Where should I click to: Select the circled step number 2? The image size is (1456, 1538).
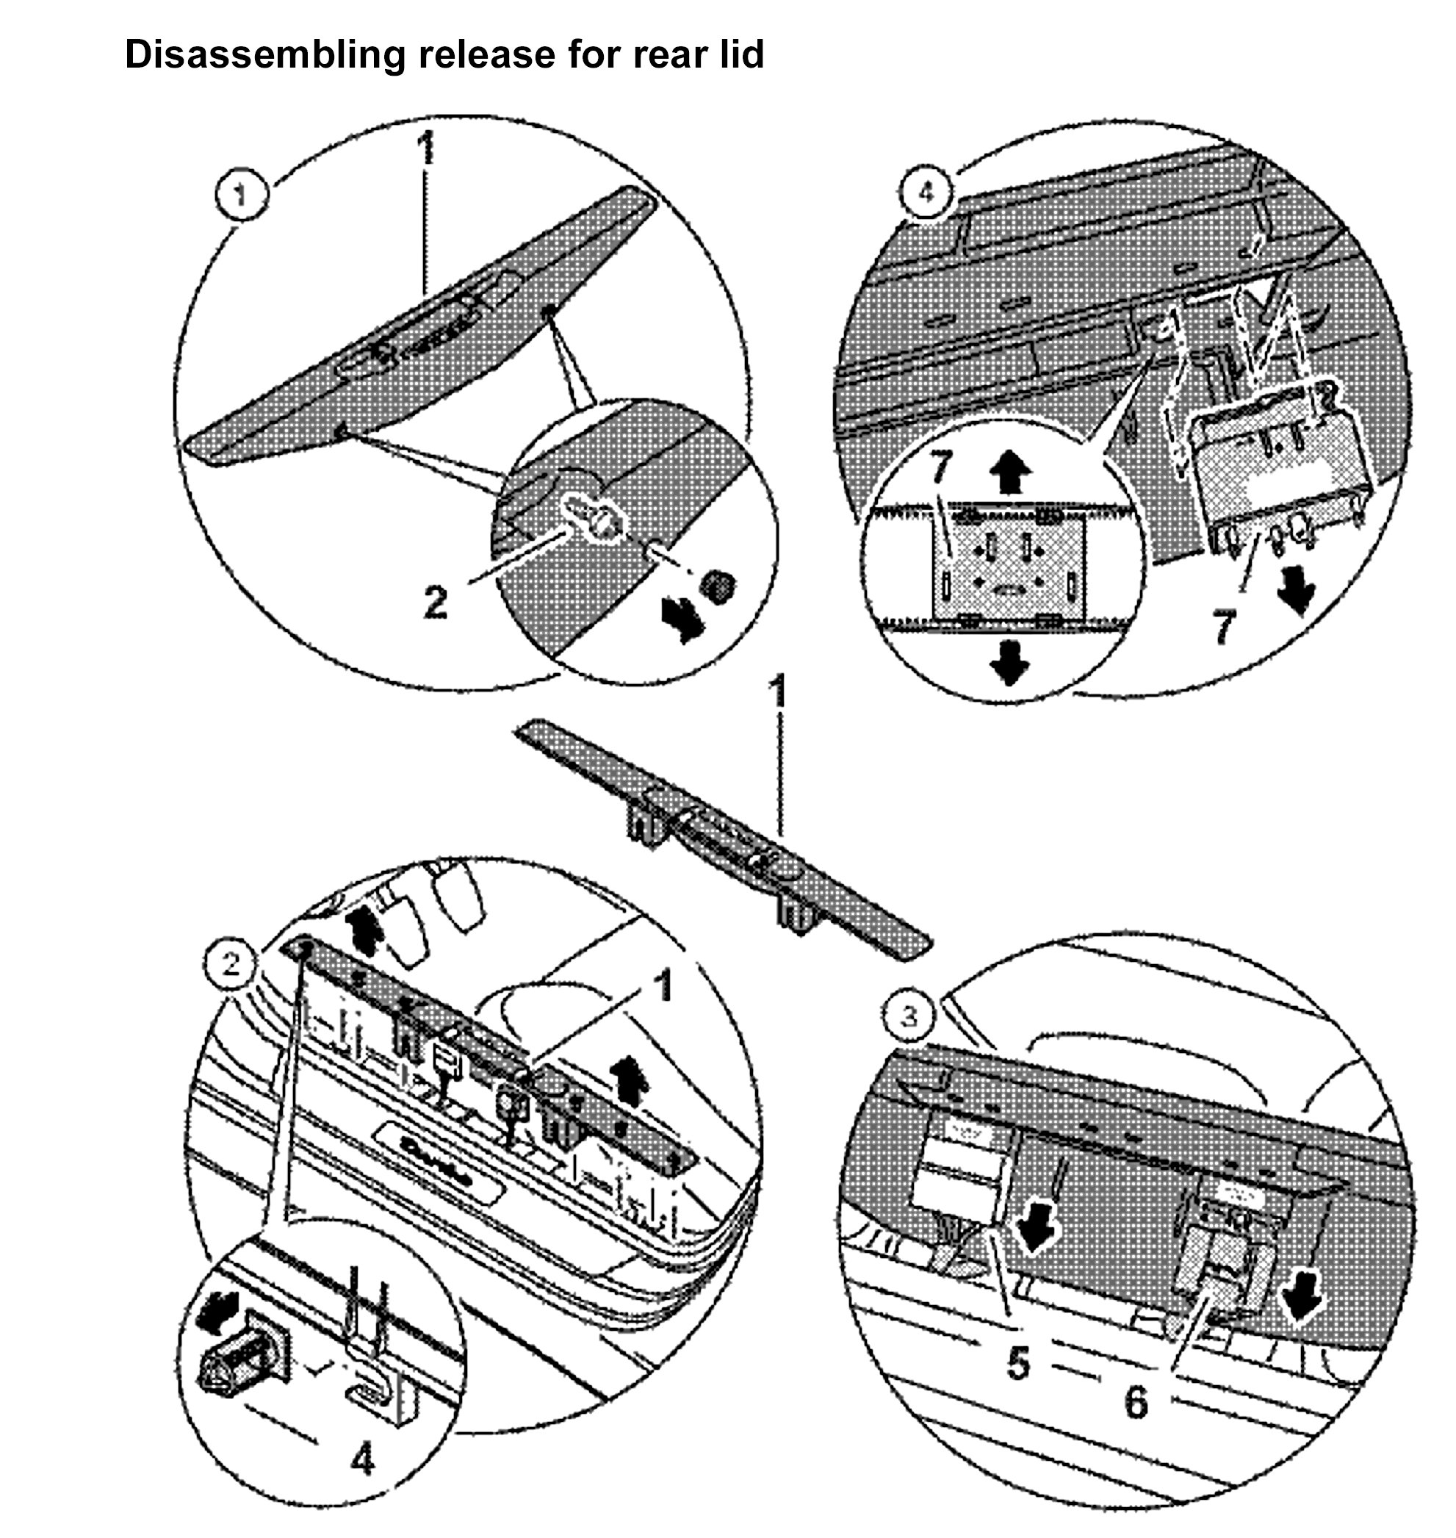click(231, 965)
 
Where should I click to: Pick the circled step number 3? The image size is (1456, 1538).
click(909, 1016)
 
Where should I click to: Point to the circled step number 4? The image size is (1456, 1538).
click(925, 192)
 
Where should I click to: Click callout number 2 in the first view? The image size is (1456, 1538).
click(436, 602)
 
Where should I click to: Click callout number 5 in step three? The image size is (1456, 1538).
click(1017, 1363)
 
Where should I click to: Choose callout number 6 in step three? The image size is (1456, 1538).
click(1136, 1402)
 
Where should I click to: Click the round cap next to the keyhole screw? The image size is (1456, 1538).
click(718, 584)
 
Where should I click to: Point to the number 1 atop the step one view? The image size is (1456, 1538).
click(425, 150)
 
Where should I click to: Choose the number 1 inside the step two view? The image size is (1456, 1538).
click(662, 988)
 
